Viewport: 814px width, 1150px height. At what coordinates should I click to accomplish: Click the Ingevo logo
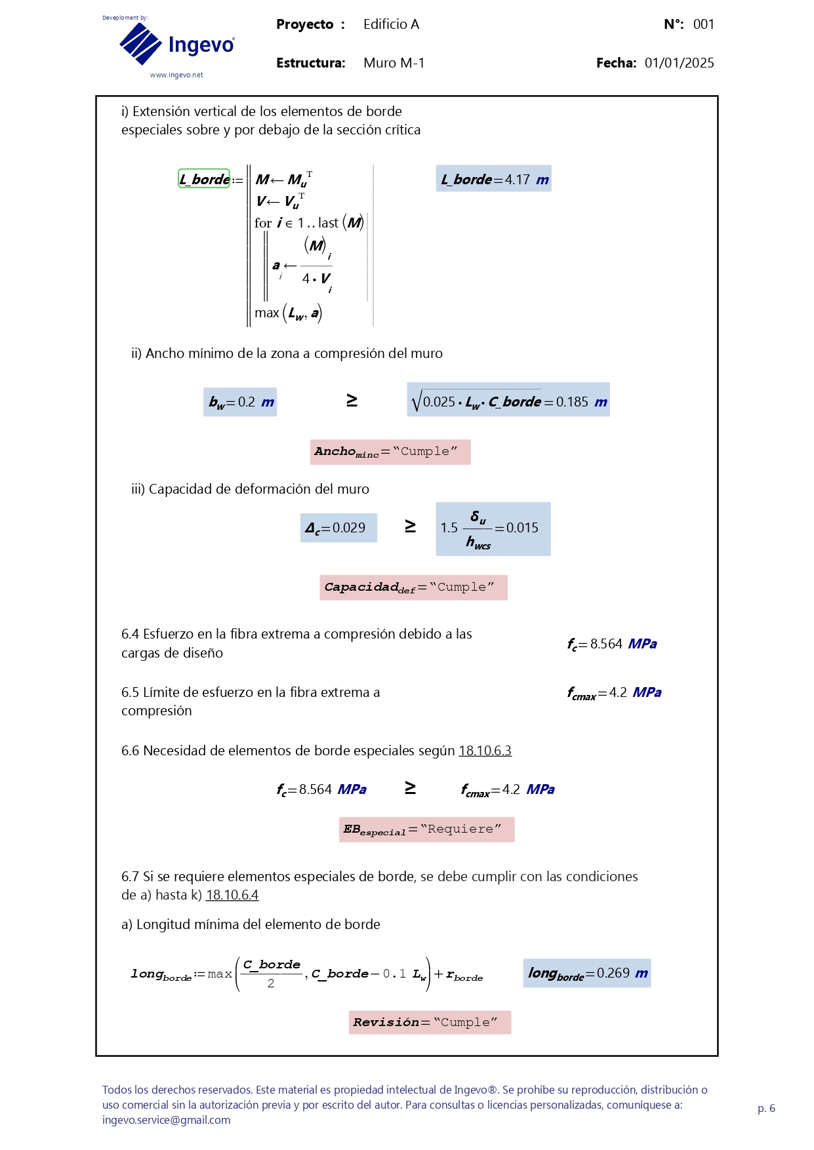[176, 44]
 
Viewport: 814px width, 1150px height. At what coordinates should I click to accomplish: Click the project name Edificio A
[391, 24]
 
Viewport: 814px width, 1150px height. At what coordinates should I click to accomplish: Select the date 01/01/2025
[679, 63]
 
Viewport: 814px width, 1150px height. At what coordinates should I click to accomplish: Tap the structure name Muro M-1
[394, 63]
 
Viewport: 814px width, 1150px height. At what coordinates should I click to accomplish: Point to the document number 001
[703, 24]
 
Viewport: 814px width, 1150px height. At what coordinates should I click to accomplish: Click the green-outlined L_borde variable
[204, 179]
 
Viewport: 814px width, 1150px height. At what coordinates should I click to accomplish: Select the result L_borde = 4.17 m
[493, 179]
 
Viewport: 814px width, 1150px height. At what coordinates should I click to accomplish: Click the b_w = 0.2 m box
[240, 402]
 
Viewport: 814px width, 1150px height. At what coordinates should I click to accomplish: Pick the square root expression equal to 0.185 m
[508, 400]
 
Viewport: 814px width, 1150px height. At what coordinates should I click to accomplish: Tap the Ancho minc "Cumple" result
[390, 452]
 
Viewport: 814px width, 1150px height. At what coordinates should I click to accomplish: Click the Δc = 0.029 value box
[338, 528]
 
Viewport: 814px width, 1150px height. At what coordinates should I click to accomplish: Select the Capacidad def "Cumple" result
[413, 587]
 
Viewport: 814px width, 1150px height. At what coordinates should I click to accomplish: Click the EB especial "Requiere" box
[426, 829]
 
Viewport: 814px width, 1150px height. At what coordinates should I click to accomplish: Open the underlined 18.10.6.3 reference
[485, 751]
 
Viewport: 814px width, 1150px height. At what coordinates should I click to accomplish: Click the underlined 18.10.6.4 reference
[232, 895]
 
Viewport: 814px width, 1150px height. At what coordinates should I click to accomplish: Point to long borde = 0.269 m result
[586, 973]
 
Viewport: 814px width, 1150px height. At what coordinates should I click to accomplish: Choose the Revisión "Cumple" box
[430, 1022]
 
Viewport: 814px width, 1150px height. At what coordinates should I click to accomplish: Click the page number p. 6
[766, 1108]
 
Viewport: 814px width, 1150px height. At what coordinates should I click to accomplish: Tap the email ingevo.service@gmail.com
[167, 1120]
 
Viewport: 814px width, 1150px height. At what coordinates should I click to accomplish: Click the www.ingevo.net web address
[176, 75]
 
